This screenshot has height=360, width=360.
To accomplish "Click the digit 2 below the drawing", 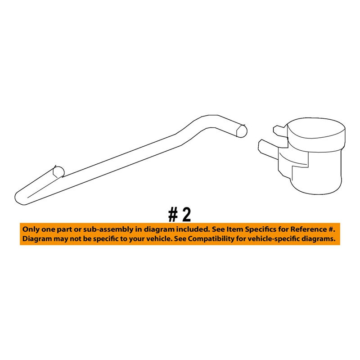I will (185, 215).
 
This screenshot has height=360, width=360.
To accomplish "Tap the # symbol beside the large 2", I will (173, 215).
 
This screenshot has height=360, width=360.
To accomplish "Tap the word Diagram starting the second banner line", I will (38, 238).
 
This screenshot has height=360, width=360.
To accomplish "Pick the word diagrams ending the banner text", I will (320, 238).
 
